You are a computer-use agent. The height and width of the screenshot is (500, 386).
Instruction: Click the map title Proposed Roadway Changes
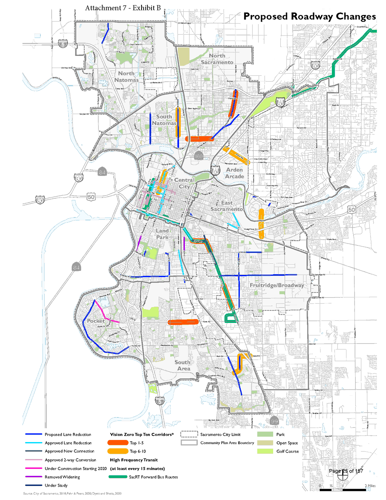tap(309, 16)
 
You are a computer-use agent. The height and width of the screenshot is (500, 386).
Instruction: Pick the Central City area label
tap(184, 183)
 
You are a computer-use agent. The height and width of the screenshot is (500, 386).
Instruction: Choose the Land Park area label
tap(162, 234)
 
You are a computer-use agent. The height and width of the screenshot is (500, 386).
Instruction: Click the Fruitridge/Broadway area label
tap(276, 285)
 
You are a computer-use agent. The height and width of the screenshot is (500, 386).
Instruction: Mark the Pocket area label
tap(95, 321)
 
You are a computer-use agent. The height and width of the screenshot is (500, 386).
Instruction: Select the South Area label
tap(182, 365)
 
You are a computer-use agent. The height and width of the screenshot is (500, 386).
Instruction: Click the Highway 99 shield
tap(273, 419)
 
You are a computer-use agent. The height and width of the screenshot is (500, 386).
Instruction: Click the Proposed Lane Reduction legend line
tap(33, 435)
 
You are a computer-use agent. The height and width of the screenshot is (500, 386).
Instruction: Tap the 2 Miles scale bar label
tap(369, 486)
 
